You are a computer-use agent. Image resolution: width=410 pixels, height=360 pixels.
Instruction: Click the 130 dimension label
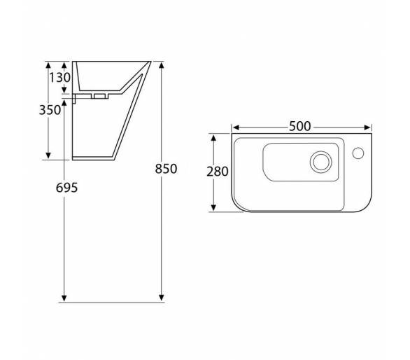(x=60, y=78)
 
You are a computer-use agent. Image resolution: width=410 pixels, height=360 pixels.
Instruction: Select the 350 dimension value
(x=50, y=110)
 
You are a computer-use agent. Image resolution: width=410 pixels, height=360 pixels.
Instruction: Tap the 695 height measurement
(x=66, y=188)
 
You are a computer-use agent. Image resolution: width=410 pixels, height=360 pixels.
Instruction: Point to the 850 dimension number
(x=166, y=169)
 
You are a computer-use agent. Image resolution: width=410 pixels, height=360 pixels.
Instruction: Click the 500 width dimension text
(x=300, y=127)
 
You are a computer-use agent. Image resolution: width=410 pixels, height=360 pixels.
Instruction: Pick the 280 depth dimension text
(x=218, y=172)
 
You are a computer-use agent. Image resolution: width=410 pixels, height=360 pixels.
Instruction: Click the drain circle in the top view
(x=321, y=162)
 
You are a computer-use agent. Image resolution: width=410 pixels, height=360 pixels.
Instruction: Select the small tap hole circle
(x=358, y=153)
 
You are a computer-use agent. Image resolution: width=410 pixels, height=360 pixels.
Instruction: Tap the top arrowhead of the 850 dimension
(x=162, y=64)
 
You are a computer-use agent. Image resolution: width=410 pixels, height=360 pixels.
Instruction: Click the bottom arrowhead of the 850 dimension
(x=162, y=298)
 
